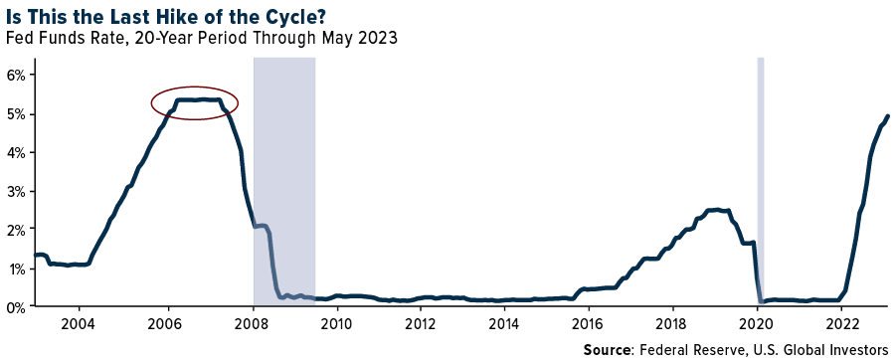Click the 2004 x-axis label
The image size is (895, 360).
[78, 324]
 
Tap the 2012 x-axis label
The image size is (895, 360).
[421, 324]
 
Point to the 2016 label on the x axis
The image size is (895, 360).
[589, 324]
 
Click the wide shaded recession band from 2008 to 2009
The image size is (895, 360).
[284, 179]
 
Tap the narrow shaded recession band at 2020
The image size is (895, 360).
[761, 179]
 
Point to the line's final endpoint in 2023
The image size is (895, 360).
[888, 116]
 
